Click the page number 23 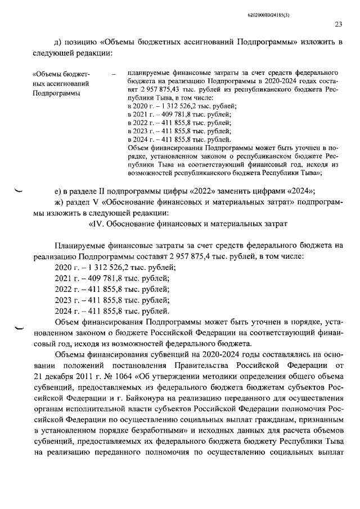click(x=339, y=24)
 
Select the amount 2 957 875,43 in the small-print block click(x=155, y=89)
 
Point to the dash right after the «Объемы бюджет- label click(x=114, y=74)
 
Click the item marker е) click(x=58, y=190)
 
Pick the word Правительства click(x=192, y=365)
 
